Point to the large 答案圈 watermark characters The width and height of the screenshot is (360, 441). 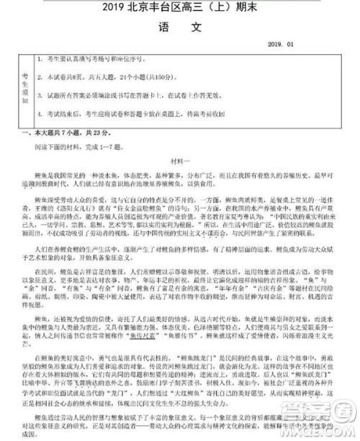[x=328, y=416]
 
